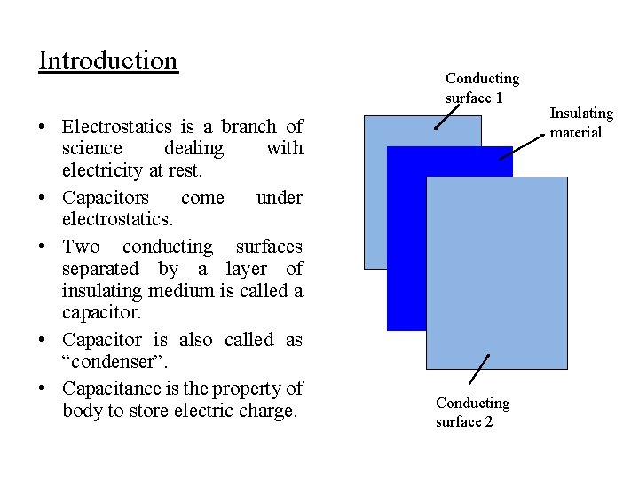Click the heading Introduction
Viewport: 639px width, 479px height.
(x=108, y=61)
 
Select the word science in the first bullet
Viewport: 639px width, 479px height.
(x=94, y=148)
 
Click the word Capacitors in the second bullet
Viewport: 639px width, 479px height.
(x=106, y=197)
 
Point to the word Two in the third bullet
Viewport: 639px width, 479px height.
(x=81, y=247)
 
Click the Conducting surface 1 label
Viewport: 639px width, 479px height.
(x=482, y=88)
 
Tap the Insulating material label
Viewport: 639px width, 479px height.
(x=581, y=122)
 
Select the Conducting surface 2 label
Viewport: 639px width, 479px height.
(x=472, y=412)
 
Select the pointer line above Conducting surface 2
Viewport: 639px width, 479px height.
(x=479, y=370)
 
